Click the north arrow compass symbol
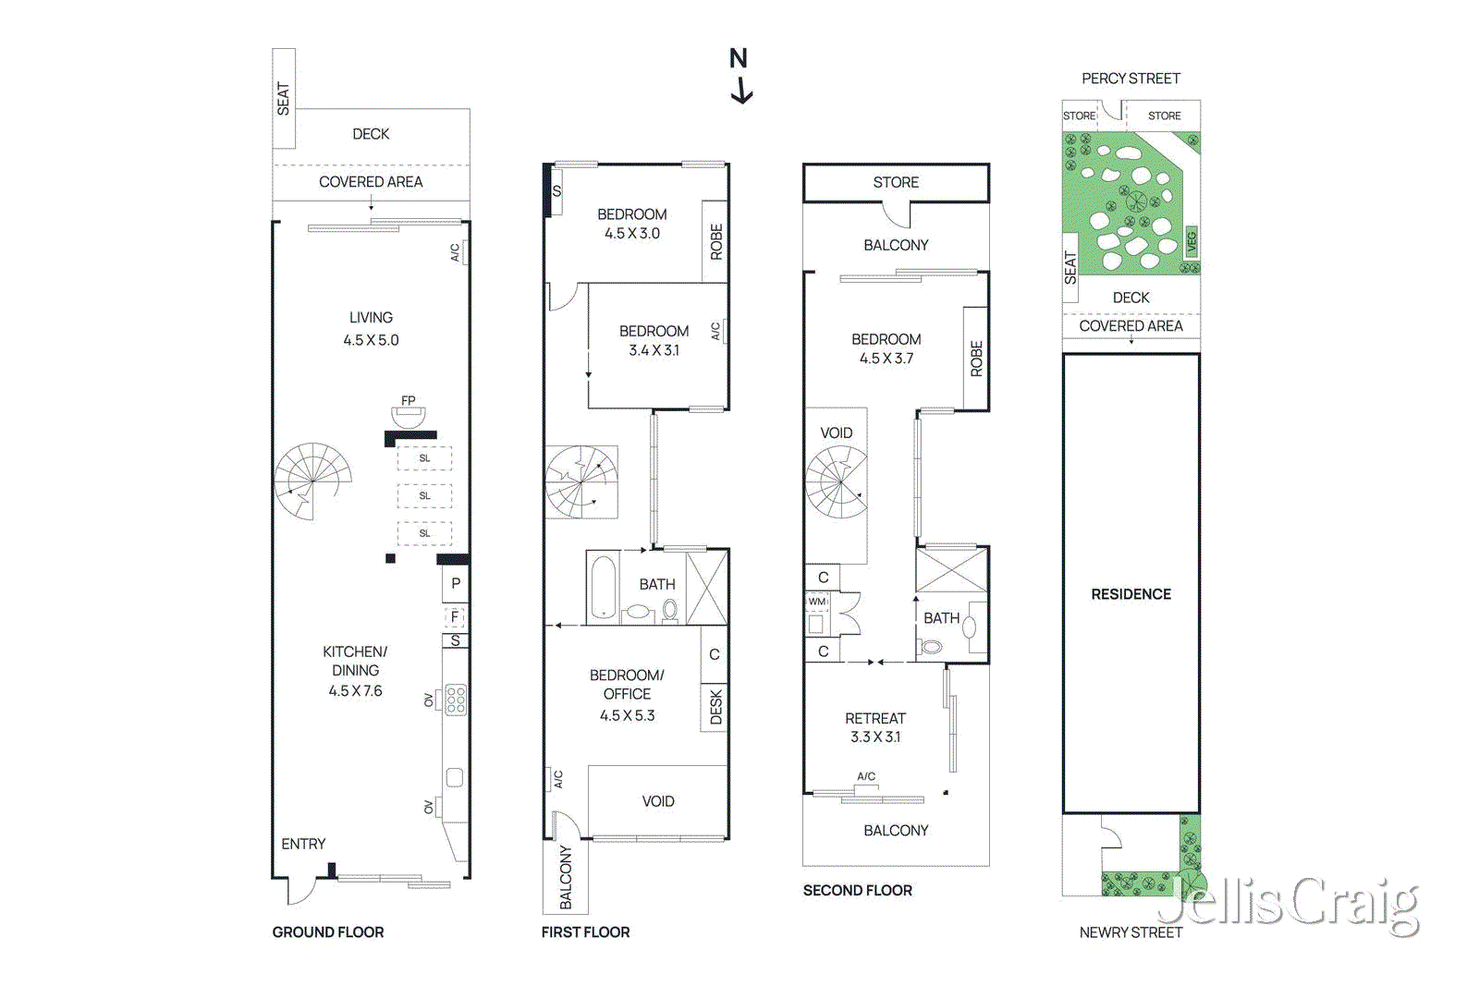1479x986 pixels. [739, 76]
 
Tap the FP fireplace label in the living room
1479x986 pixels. [409, 401]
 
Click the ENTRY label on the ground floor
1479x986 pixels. [303, 844]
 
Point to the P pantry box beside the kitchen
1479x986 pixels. [455, 584]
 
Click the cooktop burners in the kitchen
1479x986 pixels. [456, 700]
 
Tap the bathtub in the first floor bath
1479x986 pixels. [604, 588]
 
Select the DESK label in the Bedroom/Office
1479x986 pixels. [715, 707]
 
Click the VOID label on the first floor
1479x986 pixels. [658, 801]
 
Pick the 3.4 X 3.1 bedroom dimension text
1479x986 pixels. [654, 350]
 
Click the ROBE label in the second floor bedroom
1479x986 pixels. [976, 359]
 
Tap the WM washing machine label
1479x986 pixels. [817, 602]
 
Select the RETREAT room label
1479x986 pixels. [874, 718]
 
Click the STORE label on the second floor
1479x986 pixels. [896, 182]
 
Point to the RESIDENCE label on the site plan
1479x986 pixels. [1131, 594]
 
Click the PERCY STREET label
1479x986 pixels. [1131, 79]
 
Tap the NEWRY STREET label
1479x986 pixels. [1131, 932]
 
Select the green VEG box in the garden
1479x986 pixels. [1192, 242]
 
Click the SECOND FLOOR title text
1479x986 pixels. [857, 890]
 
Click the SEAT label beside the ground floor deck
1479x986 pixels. [283, 99]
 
